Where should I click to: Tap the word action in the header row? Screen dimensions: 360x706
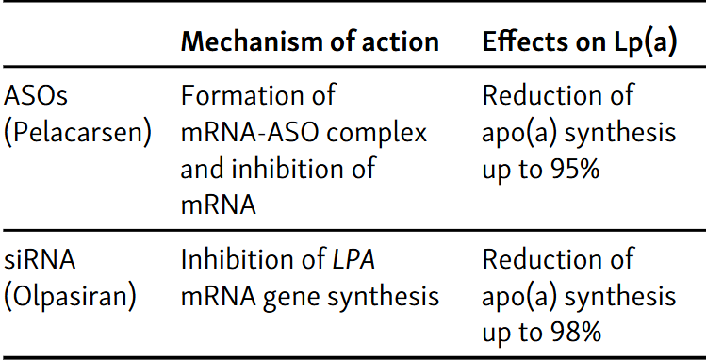point(400,42)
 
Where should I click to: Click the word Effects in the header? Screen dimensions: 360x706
point(522,42)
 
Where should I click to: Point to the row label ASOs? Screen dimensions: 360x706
point(37,96)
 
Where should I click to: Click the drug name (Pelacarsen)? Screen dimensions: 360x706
point(77,133)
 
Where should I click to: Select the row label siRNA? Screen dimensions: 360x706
point(40,259)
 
